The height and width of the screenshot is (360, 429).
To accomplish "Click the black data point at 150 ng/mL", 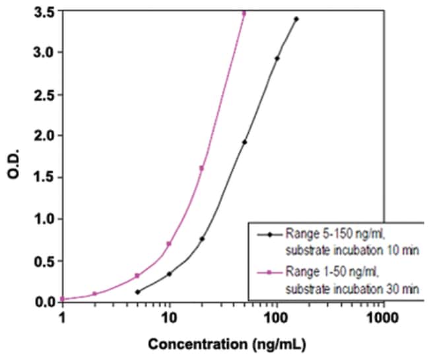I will tap(296, 19).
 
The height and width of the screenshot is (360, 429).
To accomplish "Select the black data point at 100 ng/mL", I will tap(277, 59).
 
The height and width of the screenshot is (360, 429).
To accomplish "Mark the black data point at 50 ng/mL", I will tap(244, 142).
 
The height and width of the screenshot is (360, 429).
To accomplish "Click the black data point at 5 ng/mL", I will tap(137, 291).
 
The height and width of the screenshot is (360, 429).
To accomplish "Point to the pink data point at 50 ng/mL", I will tap(244, 13).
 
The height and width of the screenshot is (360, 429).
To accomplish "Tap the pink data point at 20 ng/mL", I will tap(201, 168).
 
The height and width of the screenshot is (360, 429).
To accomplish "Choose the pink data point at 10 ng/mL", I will tap(169, 244).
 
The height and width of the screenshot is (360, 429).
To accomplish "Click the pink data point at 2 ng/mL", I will tap(94, 293).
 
